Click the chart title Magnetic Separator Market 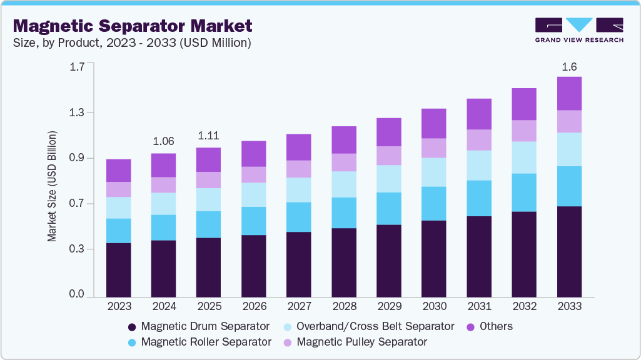point(133,26)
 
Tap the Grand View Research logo point(578,30)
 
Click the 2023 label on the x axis point(119,307)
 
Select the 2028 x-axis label point(344,307)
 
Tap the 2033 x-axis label point(570,307)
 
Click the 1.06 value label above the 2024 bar point(164,141)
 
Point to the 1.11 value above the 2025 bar point(209,136)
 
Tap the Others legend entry point(490,326)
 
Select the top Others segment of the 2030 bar point(434,123)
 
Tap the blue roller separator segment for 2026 point(254,221)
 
